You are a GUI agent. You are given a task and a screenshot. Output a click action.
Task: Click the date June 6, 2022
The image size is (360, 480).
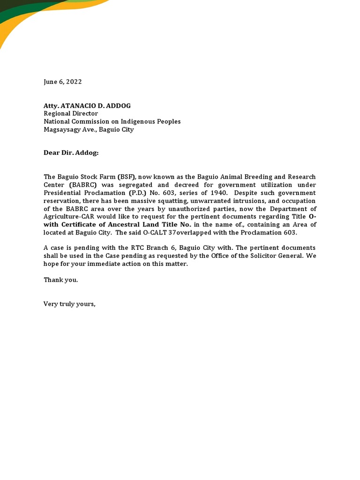(63, 82)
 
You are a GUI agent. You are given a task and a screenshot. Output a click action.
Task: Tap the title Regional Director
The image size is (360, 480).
(71, 113)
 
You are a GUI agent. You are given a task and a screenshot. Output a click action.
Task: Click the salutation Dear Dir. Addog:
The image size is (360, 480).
(71, 153)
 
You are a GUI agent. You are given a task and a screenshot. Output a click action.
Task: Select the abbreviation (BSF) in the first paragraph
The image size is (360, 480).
(127, 177)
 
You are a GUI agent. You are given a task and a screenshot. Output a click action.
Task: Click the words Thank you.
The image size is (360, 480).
(61, 280)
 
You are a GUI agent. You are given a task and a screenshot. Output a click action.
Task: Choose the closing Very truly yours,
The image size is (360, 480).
(69, 304)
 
